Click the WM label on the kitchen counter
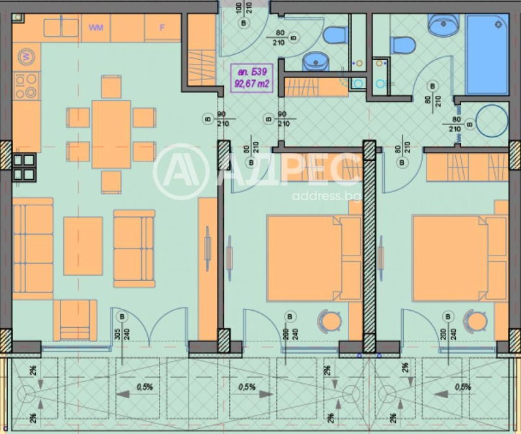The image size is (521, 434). pyautogui.click(x=96, y=27)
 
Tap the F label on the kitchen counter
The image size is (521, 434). pyautogui.click(x=163, y=27)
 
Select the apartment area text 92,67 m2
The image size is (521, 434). pyautogui.click(x=252, y=83)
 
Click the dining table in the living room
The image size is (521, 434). pyautogui.click(x=111, y=134)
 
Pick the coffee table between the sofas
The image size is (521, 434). pyautogui.click(x=83, y=246)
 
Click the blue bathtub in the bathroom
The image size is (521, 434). pyautogui.click(x=486, y=56)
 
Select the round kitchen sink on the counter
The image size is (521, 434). pyautogui.click(x=27, y=57)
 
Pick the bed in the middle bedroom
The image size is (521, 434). pyautogui.click(x=313, y=258)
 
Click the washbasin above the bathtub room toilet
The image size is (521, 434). pyautogui.click(x=443, y=25)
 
